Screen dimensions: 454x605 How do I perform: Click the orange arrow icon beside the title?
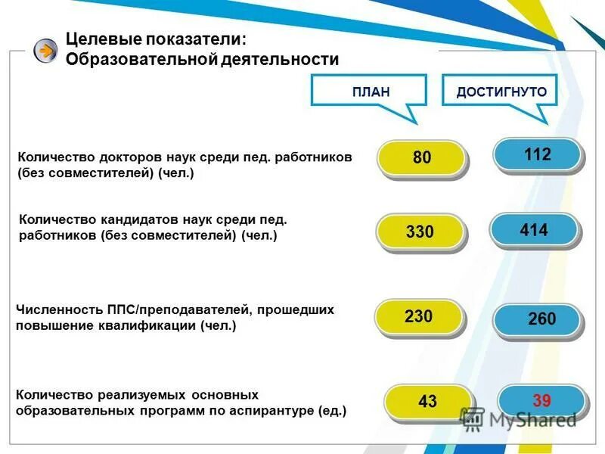coord(45,51)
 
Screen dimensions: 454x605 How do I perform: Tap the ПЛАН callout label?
coord(371,92)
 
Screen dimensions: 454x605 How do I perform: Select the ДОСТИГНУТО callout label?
coord(501,92)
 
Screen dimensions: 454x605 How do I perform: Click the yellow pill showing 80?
coord(421,158)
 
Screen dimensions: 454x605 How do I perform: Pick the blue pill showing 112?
coord(537,155)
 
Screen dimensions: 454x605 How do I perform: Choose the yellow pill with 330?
coord(420,232)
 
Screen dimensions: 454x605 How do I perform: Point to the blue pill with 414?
coord(534,230)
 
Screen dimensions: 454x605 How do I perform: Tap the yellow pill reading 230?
coord(418,316)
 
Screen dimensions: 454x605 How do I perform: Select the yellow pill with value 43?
coord(427,402)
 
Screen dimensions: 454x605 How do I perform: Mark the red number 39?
coord(541,400)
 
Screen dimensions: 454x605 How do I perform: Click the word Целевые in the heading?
coord(96,39)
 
